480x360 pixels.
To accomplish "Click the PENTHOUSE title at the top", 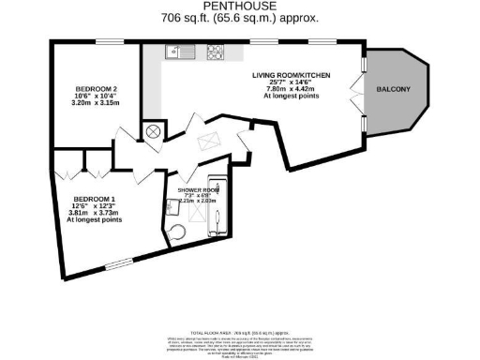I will point(239,7).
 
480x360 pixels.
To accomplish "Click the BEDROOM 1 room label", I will point(95,199).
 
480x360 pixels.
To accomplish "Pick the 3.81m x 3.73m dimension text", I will point(95,213).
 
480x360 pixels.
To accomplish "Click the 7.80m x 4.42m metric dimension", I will point(292,89).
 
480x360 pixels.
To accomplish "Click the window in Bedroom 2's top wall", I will point(104,43).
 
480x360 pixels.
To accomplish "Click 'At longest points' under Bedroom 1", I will point(95,220).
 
